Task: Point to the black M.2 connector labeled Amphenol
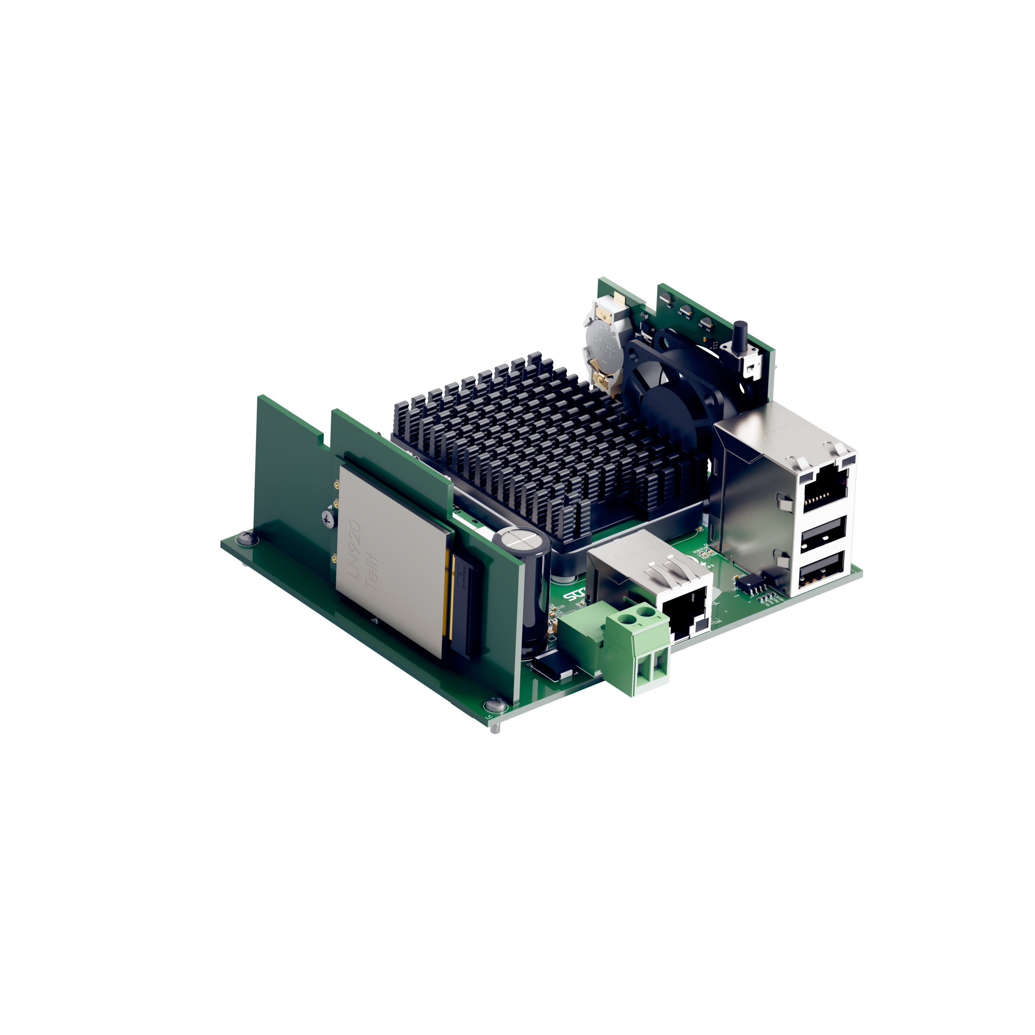(463, 605)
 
